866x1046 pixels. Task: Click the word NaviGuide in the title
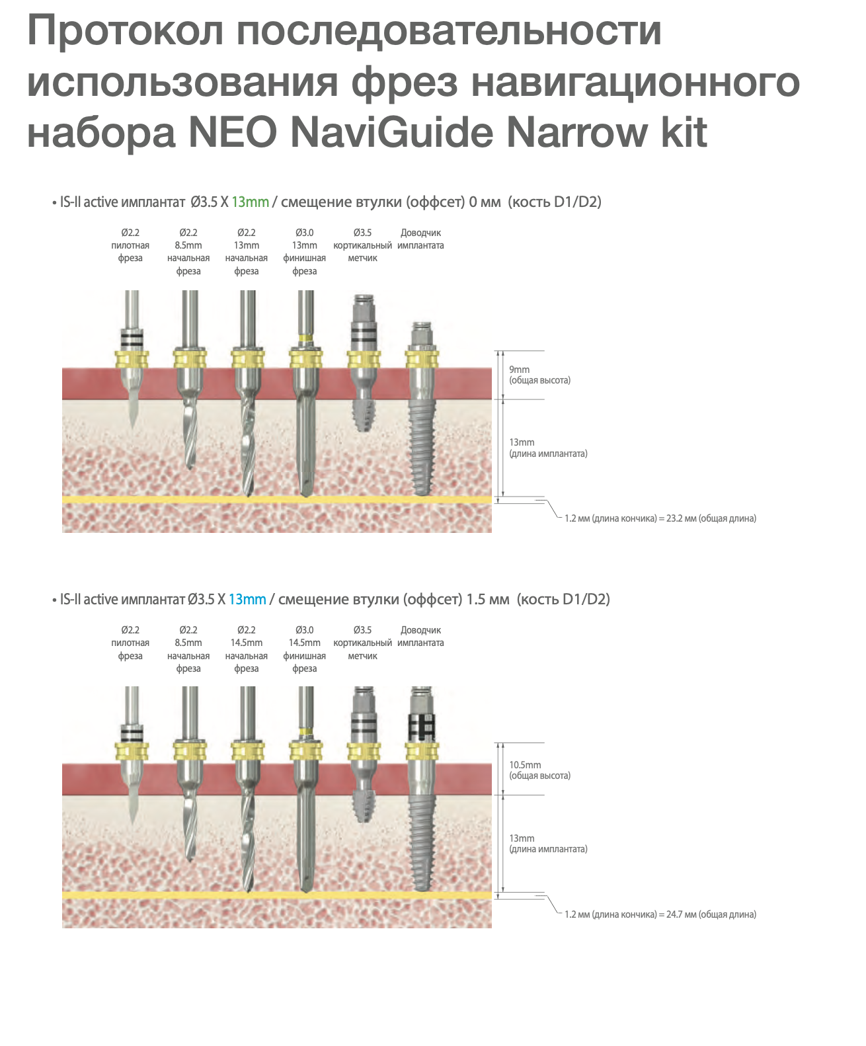coord(391,132)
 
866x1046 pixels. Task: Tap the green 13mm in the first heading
coord(251,202)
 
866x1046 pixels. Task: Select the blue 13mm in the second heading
coord(247,599)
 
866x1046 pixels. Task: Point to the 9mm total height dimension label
coord(540,375)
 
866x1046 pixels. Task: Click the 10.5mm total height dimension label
coord(540,770)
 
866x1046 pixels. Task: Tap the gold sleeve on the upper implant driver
coord(422,359)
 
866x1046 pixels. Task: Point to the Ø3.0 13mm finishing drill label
coord(305,251)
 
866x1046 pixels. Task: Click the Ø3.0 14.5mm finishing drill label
coord(305,649)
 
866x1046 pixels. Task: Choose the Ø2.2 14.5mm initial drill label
coord(247,649)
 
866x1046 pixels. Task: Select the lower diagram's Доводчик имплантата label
coord(420,636)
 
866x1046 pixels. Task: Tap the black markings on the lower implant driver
coord(422,727)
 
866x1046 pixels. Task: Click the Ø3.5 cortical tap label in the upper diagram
coord(363,245)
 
